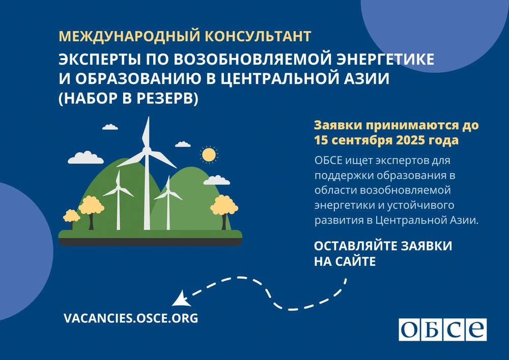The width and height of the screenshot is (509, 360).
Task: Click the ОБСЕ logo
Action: (x=442, y=329)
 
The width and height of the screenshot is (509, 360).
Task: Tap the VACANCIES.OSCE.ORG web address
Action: (x=131, y=318)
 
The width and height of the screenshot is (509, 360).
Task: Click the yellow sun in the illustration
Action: (x=209, y=154)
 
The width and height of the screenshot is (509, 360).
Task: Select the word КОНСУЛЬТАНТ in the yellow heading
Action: (x=259, y=36)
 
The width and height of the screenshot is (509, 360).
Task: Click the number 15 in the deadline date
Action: (x=321, y=140)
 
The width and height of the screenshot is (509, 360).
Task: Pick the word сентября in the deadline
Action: (x=362, y=141)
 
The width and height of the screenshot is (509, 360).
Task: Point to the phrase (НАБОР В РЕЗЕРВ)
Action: (x=128, y=98)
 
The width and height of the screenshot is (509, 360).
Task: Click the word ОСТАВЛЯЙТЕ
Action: (x=355, y=246)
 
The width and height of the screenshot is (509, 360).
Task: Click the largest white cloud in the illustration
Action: (x=86, y=157)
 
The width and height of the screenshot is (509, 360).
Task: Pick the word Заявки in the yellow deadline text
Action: (x=337, y=125)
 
